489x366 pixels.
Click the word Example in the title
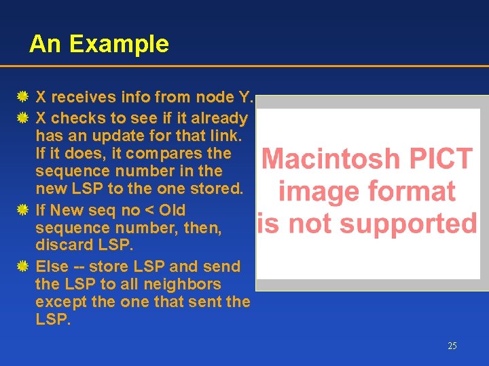pos(119,44)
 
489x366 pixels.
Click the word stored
pos(213,188)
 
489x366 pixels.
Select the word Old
pos(171,210)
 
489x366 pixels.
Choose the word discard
pos(65,245)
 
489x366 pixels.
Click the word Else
pos(51,266)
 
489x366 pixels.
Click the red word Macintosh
pos(331,159)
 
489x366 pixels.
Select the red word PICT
pos(439,159)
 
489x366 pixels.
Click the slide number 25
pos(452,346)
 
